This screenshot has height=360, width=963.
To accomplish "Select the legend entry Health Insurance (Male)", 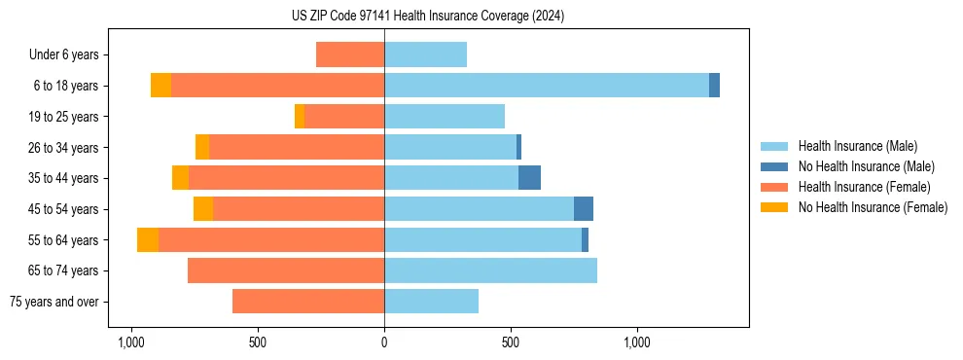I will click(857, 146).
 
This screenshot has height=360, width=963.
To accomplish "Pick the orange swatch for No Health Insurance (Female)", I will click(775, 207).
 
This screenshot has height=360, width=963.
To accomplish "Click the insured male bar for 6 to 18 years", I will click(546, 86).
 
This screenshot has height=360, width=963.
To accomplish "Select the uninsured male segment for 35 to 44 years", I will click(529, 178).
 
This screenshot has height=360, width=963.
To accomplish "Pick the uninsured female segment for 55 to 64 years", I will click(148, 240).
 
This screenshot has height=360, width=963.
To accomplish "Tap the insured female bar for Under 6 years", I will click(350, 55).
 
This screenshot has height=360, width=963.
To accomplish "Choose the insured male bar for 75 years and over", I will click(431, 302).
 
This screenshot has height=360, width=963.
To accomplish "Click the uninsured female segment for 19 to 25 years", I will click(300, 117).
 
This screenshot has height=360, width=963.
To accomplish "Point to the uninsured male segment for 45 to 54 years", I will click(584, 209).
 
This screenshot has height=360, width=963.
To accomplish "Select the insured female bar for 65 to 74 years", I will click(286, 270).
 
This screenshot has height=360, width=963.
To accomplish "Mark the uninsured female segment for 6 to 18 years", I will click(160, 86).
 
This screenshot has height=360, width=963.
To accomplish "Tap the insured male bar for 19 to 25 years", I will click(445, 117).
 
